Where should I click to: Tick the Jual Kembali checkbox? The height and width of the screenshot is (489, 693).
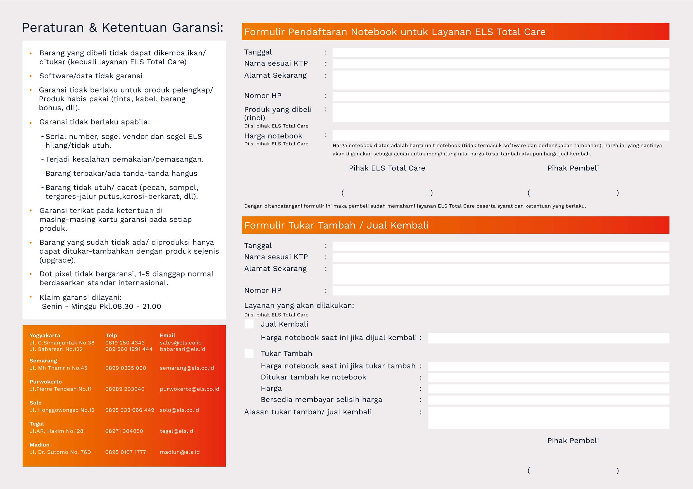249,324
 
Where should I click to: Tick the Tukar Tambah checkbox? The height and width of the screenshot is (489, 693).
249,353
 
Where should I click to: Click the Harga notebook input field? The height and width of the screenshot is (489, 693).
501,135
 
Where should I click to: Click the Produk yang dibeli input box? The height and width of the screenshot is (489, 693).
501,112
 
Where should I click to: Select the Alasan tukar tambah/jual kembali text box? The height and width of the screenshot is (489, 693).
548,418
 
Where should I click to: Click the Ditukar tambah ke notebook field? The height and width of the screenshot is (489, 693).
548,377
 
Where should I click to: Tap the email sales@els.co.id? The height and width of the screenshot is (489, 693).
180,342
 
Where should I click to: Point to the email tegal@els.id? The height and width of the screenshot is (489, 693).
176,431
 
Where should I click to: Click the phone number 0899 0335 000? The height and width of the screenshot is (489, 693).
126,368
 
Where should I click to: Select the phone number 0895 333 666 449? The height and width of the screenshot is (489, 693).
130,410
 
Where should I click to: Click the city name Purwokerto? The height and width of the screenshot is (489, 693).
46,381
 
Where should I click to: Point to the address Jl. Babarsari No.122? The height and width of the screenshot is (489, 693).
56,349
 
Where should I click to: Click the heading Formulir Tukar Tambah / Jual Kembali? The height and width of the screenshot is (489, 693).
336,225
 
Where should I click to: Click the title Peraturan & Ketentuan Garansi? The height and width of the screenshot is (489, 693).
123,27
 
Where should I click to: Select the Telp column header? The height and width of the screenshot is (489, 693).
111,335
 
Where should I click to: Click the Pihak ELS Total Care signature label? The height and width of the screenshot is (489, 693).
387,168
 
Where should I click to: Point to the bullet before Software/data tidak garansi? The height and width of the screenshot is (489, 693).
30,76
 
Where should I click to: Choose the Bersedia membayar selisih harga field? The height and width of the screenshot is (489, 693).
548,400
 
